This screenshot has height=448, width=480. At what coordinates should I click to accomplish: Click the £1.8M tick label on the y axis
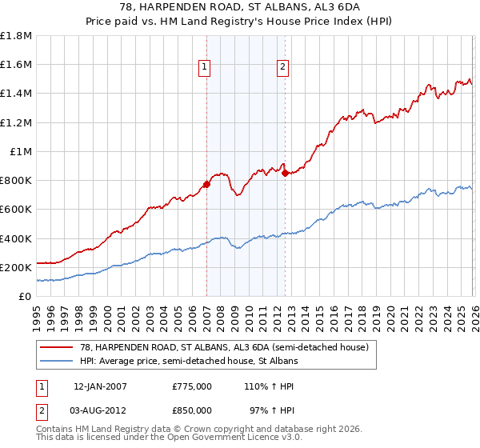(16, 36)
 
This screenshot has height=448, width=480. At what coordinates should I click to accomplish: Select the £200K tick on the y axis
(16, 267)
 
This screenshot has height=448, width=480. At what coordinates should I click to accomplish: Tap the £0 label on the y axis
(26, 296)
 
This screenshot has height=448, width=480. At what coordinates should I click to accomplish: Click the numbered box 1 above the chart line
(206, 68)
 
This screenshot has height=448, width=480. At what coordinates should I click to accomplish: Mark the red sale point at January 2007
(206, 184)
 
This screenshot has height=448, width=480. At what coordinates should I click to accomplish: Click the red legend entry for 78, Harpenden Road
(223, 348)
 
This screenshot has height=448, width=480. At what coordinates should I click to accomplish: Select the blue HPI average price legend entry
(188, 362)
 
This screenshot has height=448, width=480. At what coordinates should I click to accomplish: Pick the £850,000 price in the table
(192, 410)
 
